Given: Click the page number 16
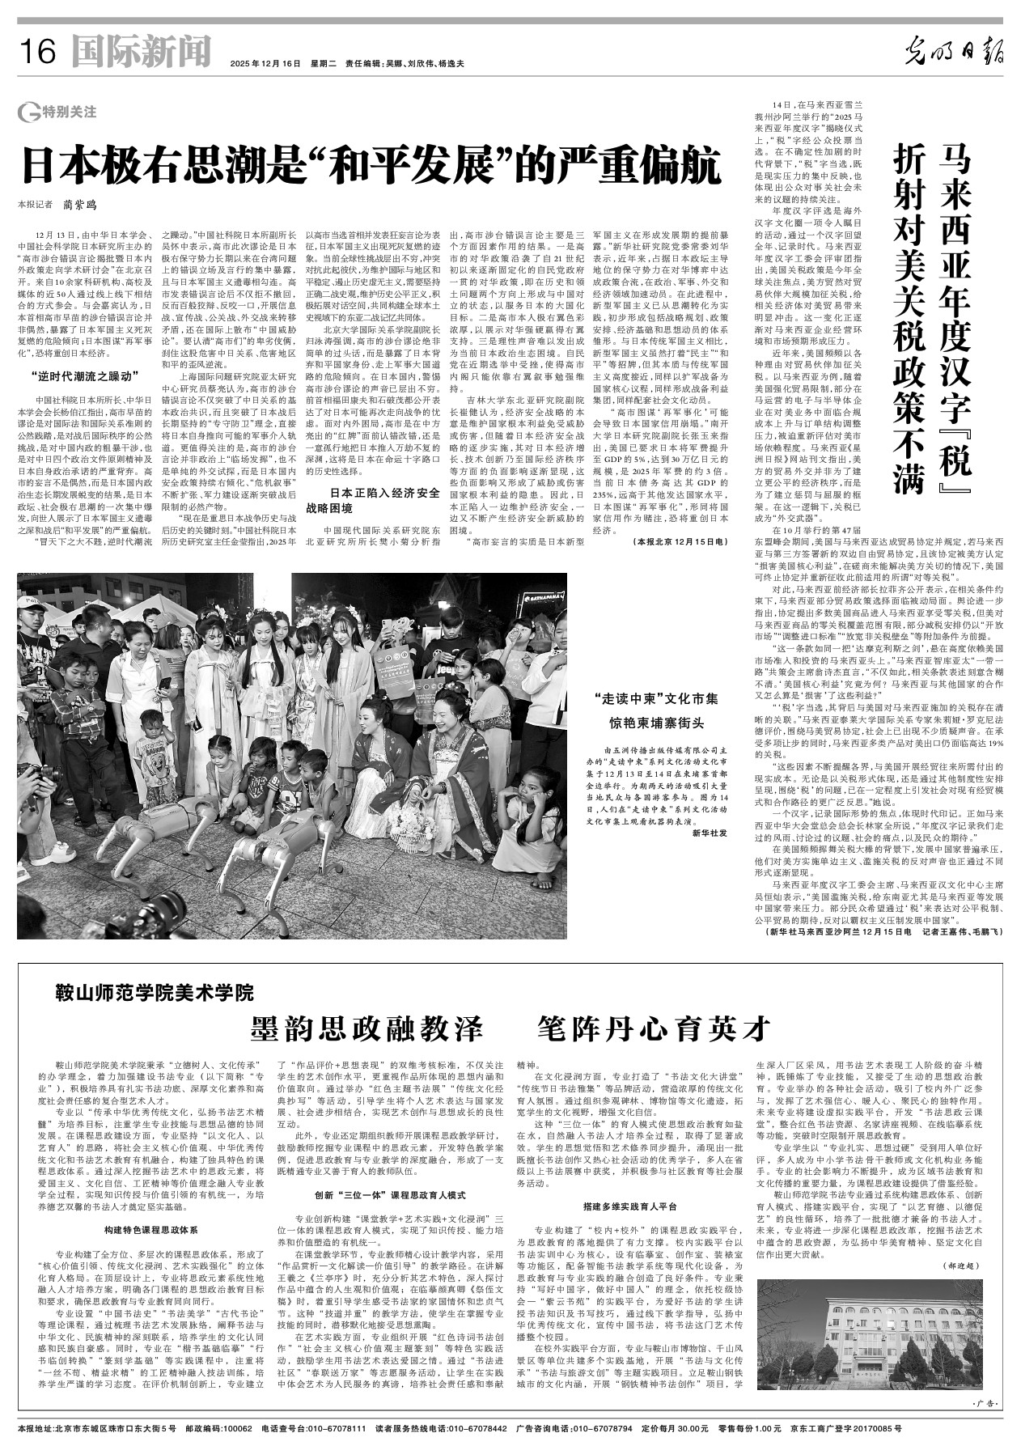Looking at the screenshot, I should pos(38,53).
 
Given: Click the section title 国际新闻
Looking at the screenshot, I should pos(141,52).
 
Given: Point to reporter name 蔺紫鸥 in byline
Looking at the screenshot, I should pos(85,206).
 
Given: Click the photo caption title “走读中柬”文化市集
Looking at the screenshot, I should pos(655,697).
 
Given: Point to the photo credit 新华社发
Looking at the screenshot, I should pos(710,833).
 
